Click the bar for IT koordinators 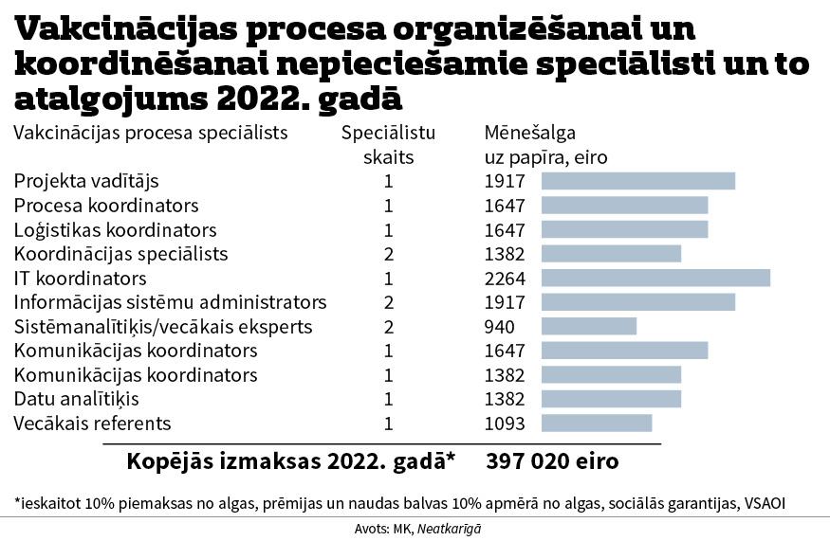[x=655, y=278]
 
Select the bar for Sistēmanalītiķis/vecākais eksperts [x=588, y=327]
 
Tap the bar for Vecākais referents [x=596, y=423]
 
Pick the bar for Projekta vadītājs [x=637, y=181]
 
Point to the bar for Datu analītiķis [x=611, y=399]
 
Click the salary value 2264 [x=505, y=278]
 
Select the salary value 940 [x=499, y=327]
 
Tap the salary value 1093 [x=505, y=423]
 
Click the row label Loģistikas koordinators [x=115, y=230]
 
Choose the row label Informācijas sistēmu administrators [x=170, y=302]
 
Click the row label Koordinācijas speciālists [x=120, y=254]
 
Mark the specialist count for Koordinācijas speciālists [x=388, y=254]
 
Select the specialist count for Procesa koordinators [x=388, y=206]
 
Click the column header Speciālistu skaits [x=388, y=144]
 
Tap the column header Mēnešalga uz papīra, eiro [x=545, y=144]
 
